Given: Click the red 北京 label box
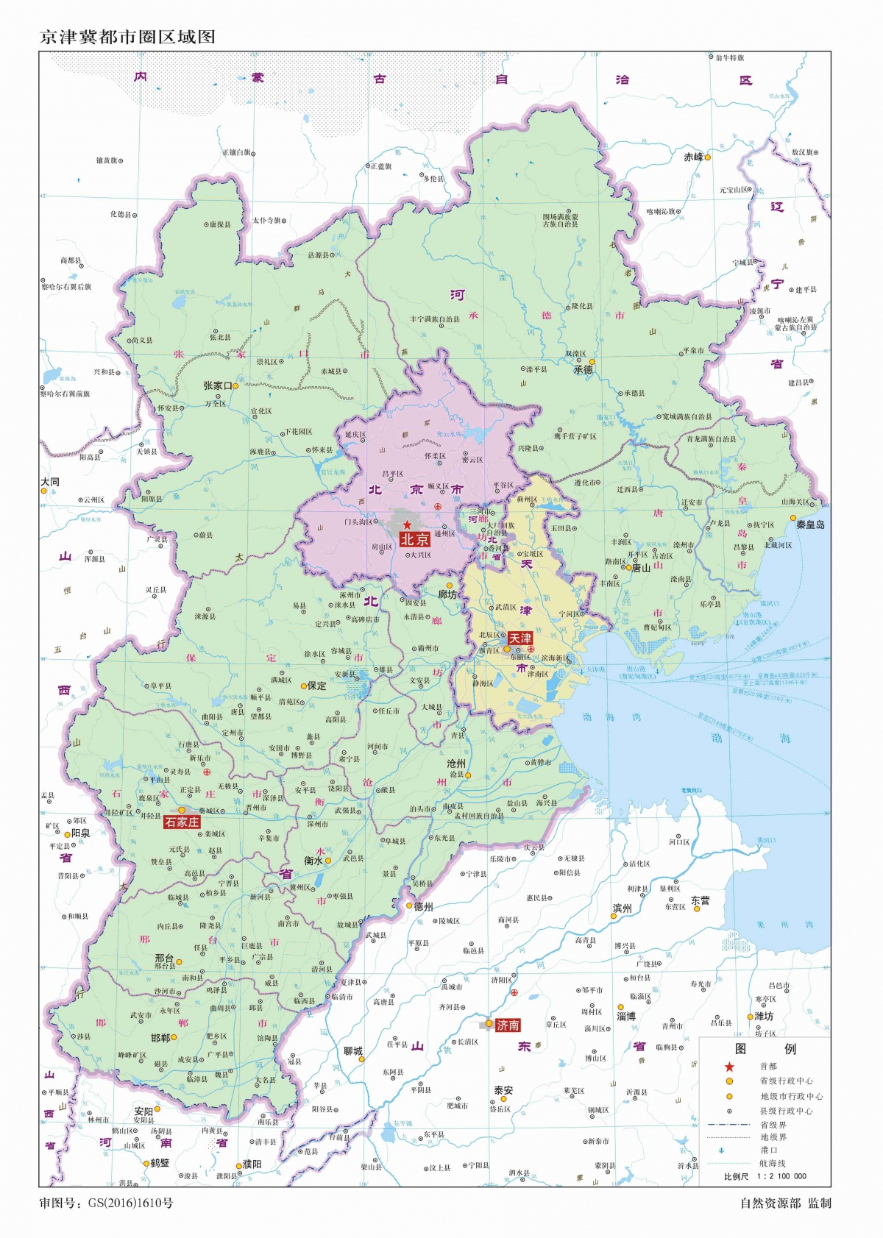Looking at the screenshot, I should point(414,539).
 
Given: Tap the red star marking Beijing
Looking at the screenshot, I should point(407,524).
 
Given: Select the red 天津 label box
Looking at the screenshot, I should point(520,638).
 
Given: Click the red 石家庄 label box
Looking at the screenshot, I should point(182,822).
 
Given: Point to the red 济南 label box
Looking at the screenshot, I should point(508,1025).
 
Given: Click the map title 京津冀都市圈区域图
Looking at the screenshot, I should point(127,37).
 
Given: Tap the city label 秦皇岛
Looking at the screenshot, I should point(810,524).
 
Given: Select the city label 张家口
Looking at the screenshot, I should point(218,385).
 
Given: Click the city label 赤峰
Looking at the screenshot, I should point(693,157).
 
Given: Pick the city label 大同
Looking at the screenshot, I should point(50,482).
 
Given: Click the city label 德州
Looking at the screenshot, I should point(423,906).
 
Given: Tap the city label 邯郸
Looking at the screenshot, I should point(160,1037).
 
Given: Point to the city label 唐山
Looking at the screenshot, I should point(641,567).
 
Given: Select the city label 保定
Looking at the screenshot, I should point(316,685).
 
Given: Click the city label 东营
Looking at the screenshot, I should point(700,900).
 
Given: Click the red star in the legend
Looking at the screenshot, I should point(729,1067).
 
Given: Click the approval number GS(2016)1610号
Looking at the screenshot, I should point(131,1203).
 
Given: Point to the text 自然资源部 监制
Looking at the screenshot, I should point(785,1203).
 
